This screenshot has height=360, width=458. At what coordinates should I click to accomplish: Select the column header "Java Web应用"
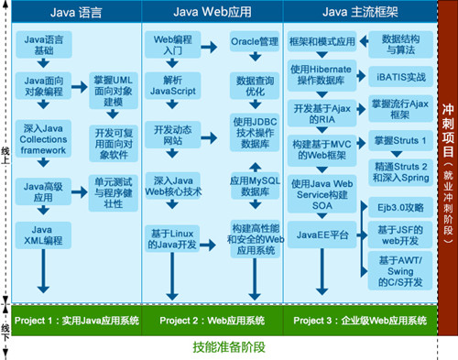point(212,14)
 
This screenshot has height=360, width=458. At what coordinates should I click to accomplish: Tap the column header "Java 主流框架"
point(358,14)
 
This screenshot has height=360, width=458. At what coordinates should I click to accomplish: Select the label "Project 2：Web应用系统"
point(212,294)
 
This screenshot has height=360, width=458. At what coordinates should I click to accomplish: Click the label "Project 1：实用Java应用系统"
point(75,294)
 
